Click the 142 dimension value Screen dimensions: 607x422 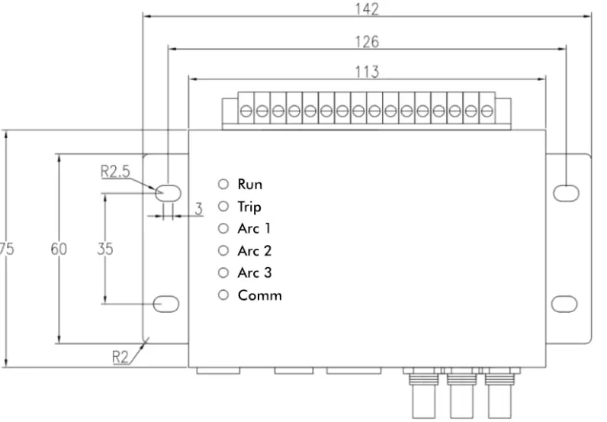pos(367,8)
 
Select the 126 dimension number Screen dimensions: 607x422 pos(367,41)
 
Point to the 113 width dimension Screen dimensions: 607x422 pos(367,72)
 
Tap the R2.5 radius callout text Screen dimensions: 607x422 pos(115,171)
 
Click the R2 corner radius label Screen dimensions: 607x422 pos(120,357)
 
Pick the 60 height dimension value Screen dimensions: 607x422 pos(59,249)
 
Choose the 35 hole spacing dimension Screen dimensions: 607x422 pos(105,249)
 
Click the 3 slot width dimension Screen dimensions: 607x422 pos(198,209)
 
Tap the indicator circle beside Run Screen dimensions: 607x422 pos(223,184)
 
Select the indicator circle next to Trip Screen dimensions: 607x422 pos(223,206)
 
